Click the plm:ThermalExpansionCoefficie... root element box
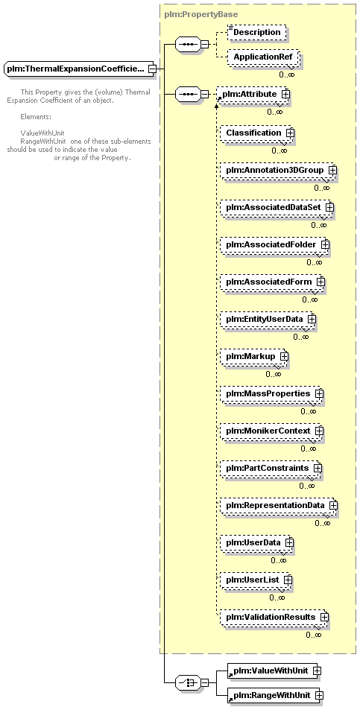77,69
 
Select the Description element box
256,33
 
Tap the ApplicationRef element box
262,57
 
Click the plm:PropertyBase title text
201,14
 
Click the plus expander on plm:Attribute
285,94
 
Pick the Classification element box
256,133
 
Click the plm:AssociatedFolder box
274,244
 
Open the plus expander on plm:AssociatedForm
320,282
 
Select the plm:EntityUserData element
268,320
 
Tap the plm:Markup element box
253,357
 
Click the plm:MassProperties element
271,393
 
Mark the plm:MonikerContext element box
271,431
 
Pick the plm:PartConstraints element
271,468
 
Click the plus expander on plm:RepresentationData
333,505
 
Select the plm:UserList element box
256,580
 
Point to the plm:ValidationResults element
274,617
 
